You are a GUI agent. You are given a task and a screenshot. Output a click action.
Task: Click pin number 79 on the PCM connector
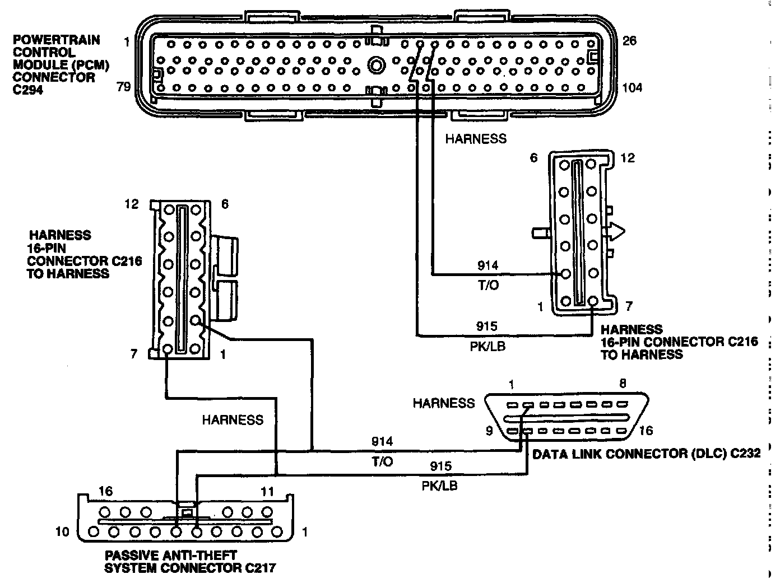coord(123,87)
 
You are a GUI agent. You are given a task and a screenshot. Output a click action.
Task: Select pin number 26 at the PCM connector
coord(630,41)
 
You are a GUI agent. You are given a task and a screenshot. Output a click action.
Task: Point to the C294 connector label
coord(26,90)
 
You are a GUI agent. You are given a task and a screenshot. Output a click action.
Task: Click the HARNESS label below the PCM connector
coord(476,139)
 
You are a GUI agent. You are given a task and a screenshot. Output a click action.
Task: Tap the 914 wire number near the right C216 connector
coord(487,265)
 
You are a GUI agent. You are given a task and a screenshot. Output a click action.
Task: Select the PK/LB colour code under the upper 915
coord(487,346)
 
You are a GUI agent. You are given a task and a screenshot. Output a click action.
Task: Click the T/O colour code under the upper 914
coord(487,285)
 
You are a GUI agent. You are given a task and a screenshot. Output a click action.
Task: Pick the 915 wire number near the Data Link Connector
coord(440,465)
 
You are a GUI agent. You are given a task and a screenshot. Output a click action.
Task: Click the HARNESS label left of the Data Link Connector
coord(443,403)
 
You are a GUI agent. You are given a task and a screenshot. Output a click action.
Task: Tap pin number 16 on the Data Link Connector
coord(646,430)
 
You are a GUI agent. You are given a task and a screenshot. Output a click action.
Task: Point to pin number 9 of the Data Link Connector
coord(489,431)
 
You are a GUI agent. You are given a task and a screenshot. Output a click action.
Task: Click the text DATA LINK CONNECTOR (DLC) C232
coord(646,454)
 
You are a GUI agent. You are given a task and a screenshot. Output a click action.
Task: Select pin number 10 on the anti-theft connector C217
coord(62,531)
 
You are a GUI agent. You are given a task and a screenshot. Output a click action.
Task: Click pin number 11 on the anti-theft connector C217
coord(268,492)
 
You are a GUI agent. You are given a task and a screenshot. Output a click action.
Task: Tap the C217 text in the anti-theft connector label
coord(259,568)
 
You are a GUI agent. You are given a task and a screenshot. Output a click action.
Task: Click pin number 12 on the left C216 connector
coord(132,204)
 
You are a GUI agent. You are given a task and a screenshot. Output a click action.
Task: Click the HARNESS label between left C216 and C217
coord(233,419)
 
